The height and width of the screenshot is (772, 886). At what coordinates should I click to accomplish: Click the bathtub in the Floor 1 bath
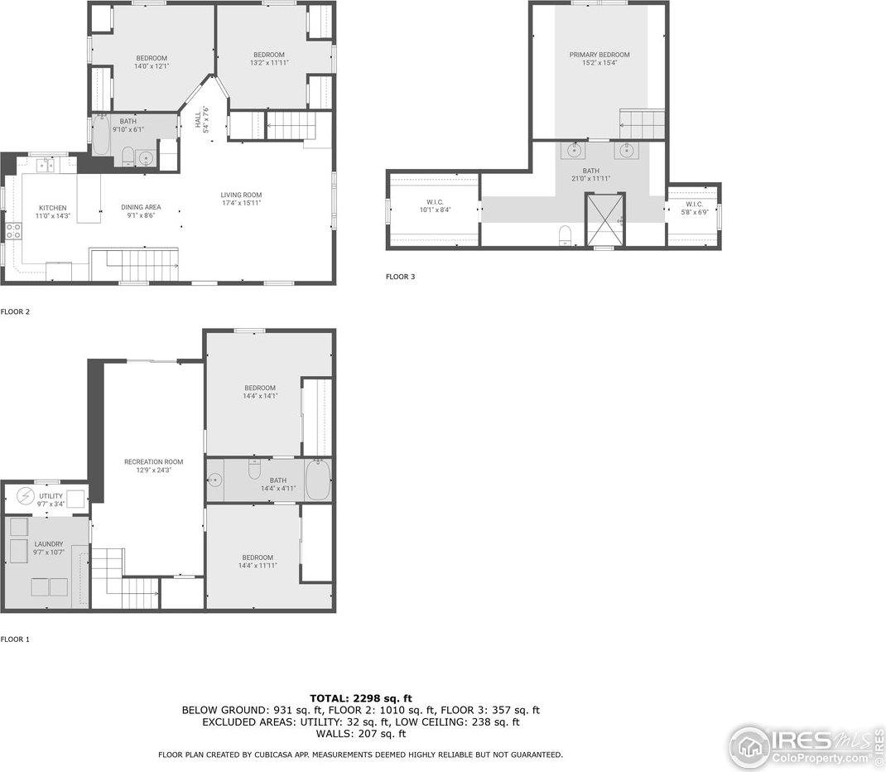pyautogui.click(x=318, y=480)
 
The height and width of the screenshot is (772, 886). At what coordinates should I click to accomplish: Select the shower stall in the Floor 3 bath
pyautogui.click(x=605, y=220)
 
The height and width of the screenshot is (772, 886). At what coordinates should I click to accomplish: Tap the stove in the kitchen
pyautogui.click(x=14, y=231)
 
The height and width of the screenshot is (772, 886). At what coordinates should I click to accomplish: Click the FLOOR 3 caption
pyautogui.click(x=400, y=277)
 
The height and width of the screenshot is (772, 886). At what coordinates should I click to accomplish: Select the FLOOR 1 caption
pyautogui.click(x=15, y=639)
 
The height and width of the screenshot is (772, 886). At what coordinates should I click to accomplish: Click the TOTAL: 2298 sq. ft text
pyautogui.click(x=360, y=698)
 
